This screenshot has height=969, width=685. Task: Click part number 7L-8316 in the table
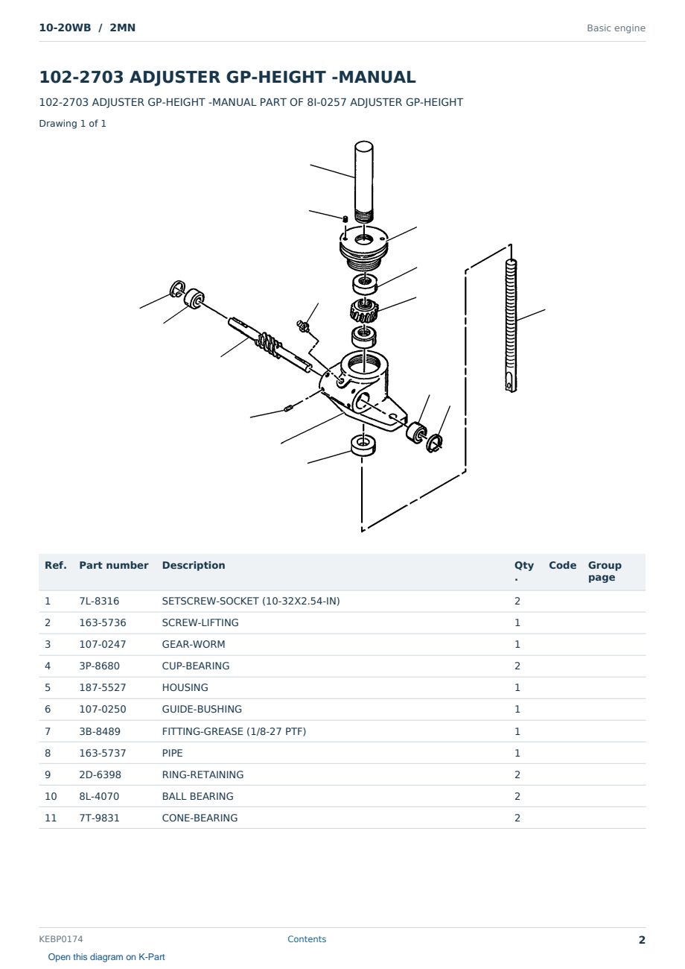99,601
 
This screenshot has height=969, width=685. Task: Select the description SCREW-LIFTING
200,622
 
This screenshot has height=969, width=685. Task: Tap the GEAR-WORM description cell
193,644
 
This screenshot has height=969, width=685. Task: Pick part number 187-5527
103,687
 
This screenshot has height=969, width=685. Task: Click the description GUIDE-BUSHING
202,709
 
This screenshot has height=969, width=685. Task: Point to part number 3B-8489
100,731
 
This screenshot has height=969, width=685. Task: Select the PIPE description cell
172,753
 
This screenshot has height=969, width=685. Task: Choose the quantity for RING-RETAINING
517,774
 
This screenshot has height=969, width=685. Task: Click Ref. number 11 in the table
51,818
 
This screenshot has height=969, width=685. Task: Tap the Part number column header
114,566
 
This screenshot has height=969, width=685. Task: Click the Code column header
562,566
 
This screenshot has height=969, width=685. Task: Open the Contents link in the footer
307,939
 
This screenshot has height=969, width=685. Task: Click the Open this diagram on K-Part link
106,957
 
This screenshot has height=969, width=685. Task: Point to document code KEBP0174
61,939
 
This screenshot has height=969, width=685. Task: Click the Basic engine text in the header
616,28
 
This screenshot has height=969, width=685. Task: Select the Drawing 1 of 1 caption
73,124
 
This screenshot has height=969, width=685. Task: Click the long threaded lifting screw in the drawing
511,325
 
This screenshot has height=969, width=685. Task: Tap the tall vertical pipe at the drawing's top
364,182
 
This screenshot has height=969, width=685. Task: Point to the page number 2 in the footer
642,940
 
